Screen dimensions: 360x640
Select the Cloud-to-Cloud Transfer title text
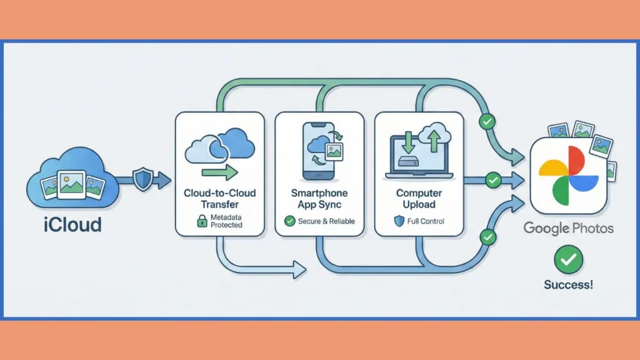[x=220, y=199]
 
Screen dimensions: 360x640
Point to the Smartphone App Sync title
[x=319, y=199]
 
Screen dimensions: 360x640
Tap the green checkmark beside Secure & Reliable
[x=290, y=221]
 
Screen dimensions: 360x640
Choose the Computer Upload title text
[x=419, y=199]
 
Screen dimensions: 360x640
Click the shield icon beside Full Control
[x=399, y=221]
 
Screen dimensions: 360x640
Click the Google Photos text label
[x=568, y=228]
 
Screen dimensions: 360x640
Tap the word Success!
[x=568, y=285]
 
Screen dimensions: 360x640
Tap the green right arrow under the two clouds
[x=219, y=172]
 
